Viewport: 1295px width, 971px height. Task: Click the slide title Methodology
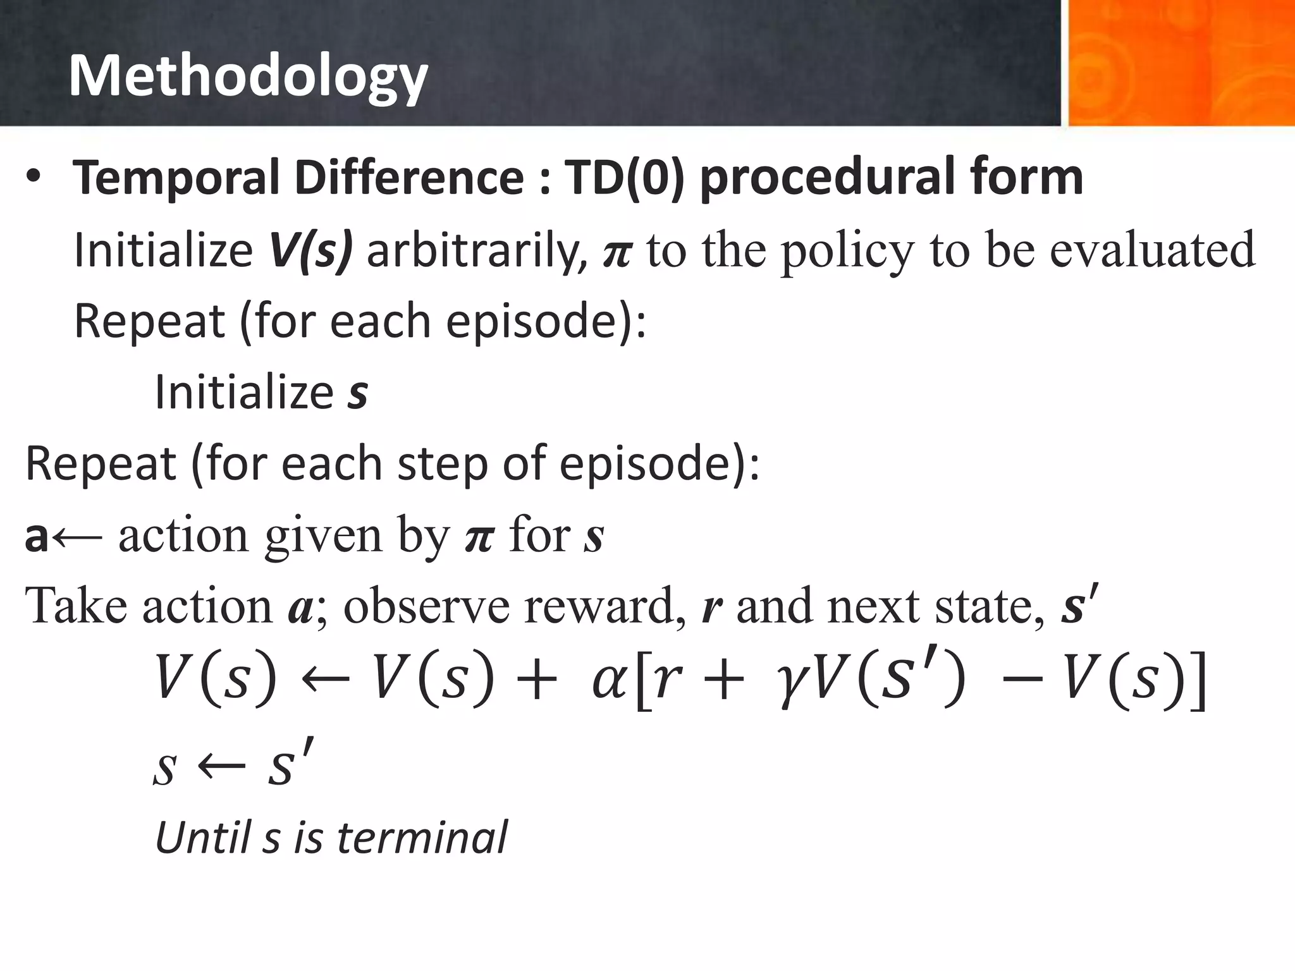tap(248, 76)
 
